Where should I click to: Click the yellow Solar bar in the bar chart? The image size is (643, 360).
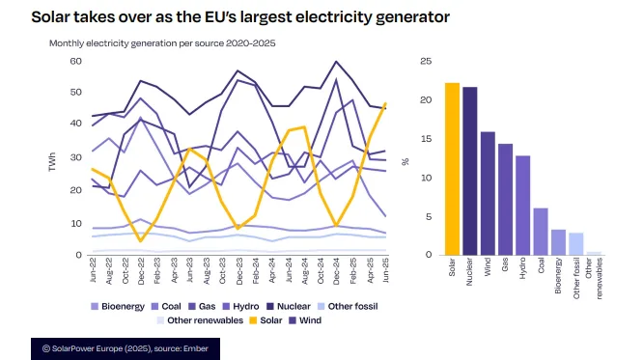point(452,169)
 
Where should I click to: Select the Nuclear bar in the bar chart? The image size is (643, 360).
point(469,171)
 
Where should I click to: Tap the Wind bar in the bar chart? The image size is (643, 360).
point(488,193)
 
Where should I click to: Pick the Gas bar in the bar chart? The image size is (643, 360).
point(505,199)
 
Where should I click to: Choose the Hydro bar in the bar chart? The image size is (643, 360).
point(522,205)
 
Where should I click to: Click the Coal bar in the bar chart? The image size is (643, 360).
point(541,232)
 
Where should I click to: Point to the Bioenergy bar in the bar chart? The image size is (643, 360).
point(558,242)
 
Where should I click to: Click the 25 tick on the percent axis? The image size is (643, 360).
point(426,62)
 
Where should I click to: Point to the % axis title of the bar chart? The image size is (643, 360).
point(405,160)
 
